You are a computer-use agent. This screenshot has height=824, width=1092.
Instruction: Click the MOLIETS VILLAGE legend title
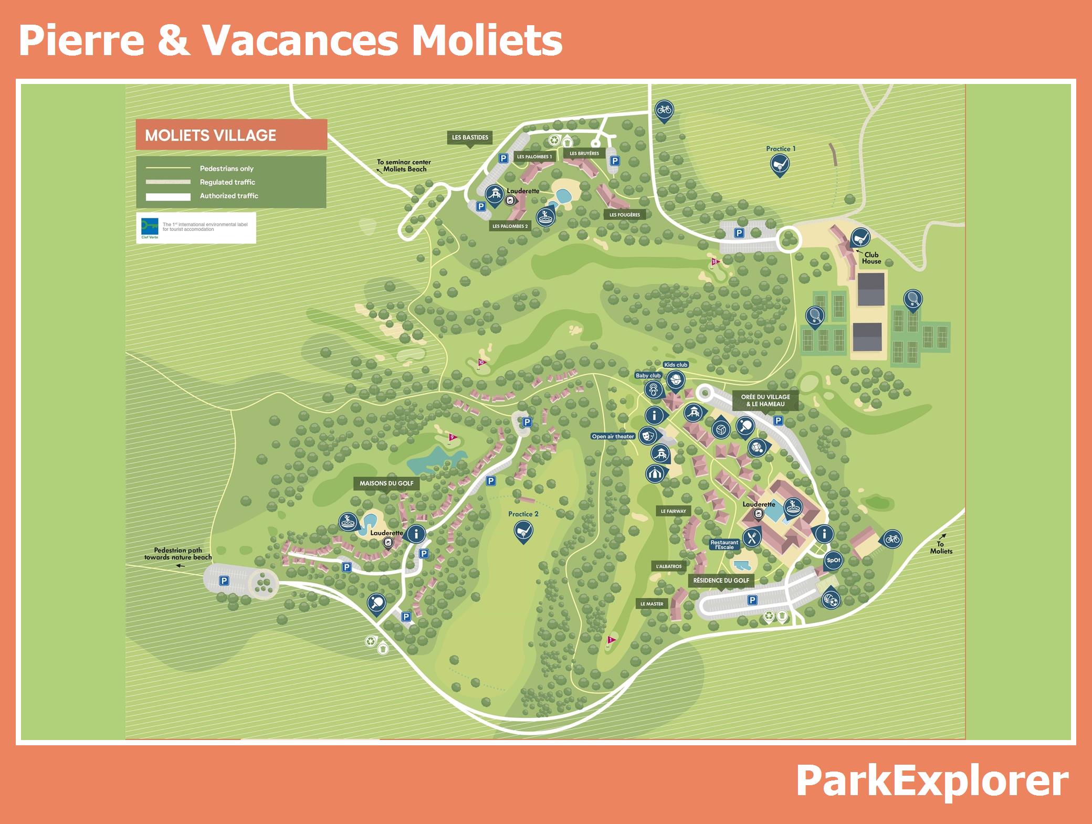[211, 135]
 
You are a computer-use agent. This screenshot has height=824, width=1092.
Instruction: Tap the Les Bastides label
[470, 138]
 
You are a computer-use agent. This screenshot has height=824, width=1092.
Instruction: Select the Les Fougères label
[625, 215]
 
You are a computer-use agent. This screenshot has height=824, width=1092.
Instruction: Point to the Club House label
[871, 258]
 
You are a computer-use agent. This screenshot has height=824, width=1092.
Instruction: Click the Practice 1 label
[781, 149]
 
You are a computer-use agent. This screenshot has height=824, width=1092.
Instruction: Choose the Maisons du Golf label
[386, 483]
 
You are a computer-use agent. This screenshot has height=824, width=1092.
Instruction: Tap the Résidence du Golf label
[721, 580]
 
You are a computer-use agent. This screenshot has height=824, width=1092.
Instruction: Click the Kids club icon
[676, 379]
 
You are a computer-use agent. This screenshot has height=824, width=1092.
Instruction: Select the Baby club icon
[654, 389]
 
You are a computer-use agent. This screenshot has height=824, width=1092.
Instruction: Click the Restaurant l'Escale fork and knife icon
[752, 536]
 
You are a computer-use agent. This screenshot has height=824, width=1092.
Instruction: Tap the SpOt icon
[833, 560]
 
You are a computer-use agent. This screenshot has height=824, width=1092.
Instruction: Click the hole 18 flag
[714, 262]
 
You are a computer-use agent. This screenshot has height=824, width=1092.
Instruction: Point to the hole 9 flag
[451, 437]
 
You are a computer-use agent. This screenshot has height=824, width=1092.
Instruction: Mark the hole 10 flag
[481, 362]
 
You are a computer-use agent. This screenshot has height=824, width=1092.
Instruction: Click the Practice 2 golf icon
[523, 532]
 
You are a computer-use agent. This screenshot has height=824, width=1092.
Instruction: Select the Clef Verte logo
[150, 227]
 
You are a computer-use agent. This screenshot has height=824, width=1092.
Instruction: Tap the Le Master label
[652, 604]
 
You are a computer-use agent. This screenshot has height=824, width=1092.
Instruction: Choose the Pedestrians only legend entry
[226, 168]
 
